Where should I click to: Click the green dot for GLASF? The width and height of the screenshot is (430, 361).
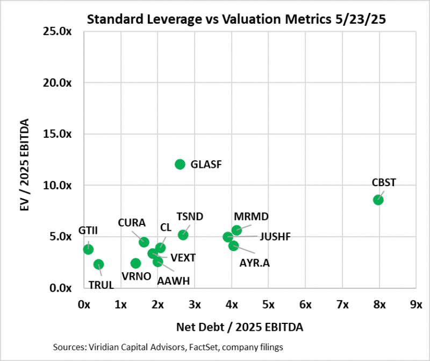(x=180, y=164)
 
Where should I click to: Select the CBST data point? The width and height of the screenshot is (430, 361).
(x=378, y=200)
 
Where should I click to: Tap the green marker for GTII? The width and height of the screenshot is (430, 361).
(x=88, y=249)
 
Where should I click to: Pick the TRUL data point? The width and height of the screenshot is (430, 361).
(x=98, y=264)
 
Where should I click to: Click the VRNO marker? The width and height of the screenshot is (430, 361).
(x=135, y=263)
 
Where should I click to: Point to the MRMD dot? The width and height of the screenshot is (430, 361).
(x=236, y=230)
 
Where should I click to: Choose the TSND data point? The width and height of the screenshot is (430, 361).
(x=183, y=235)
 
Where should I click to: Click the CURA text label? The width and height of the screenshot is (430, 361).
(x=132, y=223)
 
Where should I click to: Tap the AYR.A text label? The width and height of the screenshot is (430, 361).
(x=254, y=264)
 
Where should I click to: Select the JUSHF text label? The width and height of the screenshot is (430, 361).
(x=276, y=236)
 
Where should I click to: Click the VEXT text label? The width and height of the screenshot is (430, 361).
(x=183, y=257)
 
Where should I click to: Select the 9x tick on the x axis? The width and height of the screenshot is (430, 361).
(x=415, y=305)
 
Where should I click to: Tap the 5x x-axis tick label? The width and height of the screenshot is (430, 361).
(x=268, y=305)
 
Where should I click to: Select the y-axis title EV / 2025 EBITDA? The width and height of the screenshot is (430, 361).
(x=24, y=160)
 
